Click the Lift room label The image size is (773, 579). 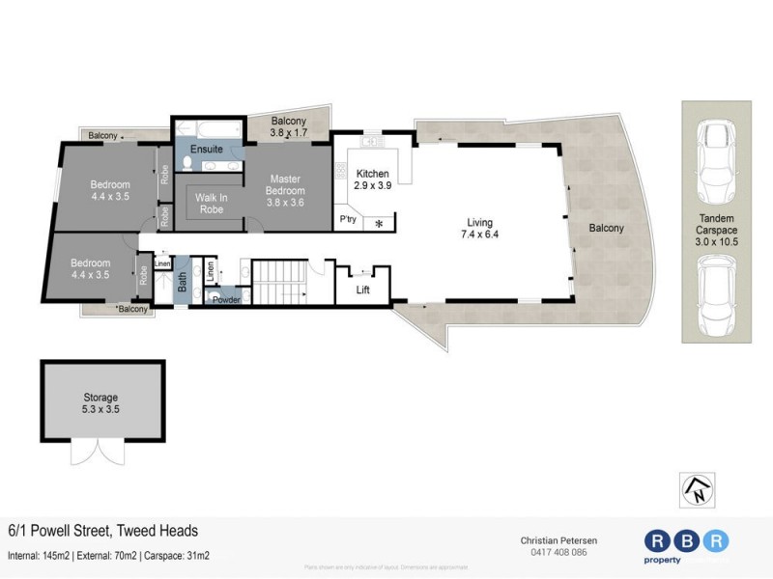coord(362,289)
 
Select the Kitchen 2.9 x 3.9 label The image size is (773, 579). coord(371,179)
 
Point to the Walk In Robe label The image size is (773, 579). coord(211,204)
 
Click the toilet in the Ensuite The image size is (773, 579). coord(187,163)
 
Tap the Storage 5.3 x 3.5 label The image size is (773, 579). coord(100,402)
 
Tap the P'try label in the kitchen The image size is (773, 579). coord(348,221)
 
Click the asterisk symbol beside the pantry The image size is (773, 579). coord(379,224)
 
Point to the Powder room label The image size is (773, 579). coord(226,299)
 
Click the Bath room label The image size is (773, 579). coord(182,282)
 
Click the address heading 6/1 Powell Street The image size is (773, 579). coord(103,531)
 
